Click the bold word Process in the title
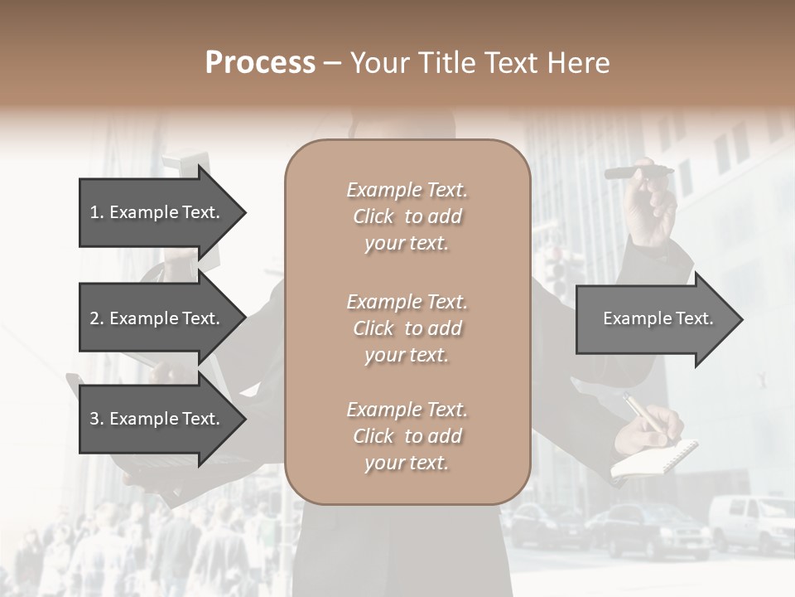[260, 63]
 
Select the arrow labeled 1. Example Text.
[162, 212]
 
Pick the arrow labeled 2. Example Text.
[162, 318]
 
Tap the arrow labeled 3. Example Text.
[162, 419]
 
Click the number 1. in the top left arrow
[97, 212]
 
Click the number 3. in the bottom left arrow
[97, 419]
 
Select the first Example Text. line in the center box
[407, 190]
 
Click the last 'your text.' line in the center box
[407, 463]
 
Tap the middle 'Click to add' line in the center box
[407, 328]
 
